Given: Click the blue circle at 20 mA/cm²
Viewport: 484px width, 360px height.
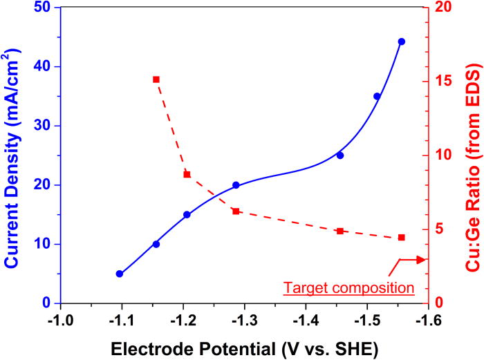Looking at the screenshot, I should coord(236,185).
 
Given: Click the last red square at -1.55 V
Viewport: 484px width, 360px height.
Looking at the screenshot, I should coord(402,238).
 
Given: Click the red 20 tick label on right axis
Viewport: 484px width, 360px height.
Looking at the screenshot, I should coord(440,8).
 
